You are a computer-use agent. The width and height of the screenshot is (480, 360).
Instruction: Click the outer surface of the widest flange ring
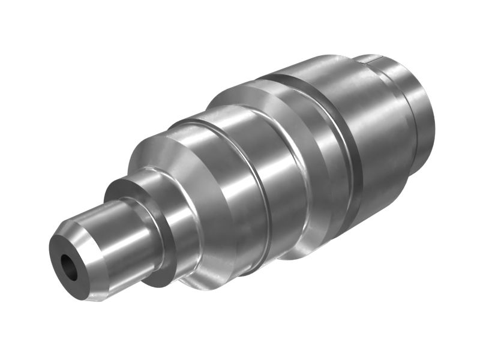(324, 150)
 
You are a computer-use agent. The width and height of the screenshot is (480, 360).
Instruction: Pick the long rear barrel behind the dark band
(384, 138)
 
